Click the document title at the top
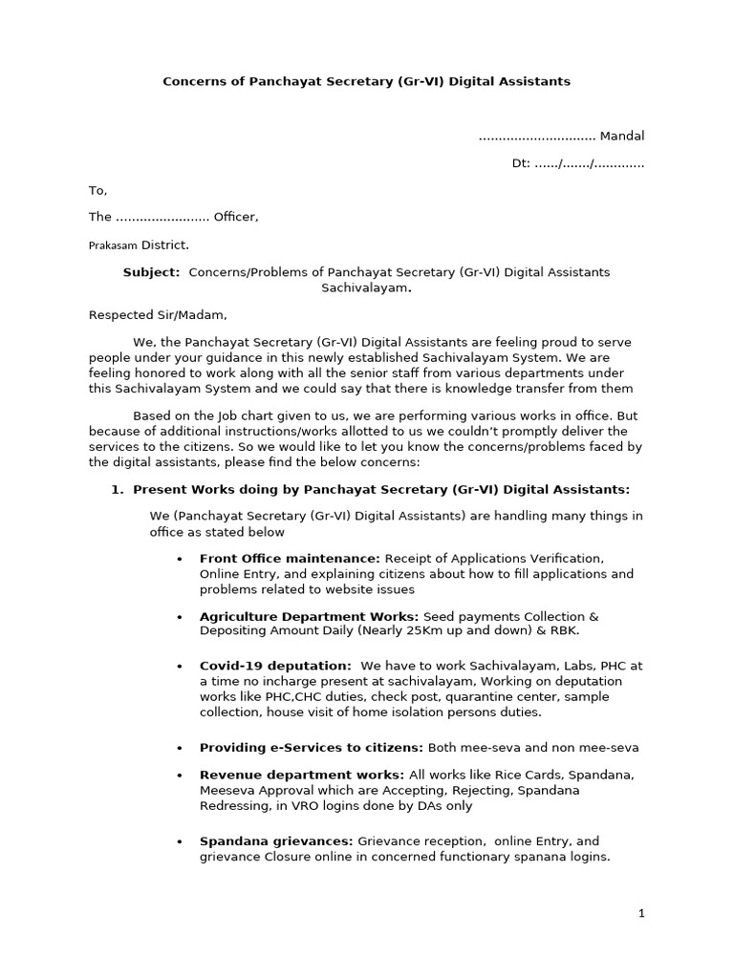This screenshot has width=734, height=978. tap(367, 81)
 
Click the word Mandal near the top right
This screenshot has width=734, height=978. tap(621, 136)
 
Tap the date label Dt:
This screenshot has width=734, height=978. tap(520, 163)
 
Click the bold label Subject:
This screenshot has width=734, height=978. tap(151, 272)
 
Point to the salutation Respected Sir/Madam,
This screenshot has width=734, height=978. tap(159, 314)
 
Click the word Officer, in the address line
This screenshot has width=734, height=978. tap(236, 217)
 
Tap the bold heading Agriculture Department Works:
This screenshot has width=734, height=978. tap(309, 616)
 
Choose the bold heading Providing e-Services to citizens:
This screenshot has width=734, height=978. tap(312, 747)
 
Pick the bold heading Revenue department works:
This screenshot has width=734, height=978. tap(301, 774)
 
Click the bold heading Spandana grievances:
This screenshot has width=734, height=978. tap(277, 841)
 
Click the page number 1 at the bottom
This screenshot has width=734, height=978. tap(642, 913)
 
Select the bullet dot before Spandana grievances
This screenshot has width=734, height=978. tap(181, 842)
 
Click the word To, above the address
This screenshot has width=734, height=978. tap(98, 190)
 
